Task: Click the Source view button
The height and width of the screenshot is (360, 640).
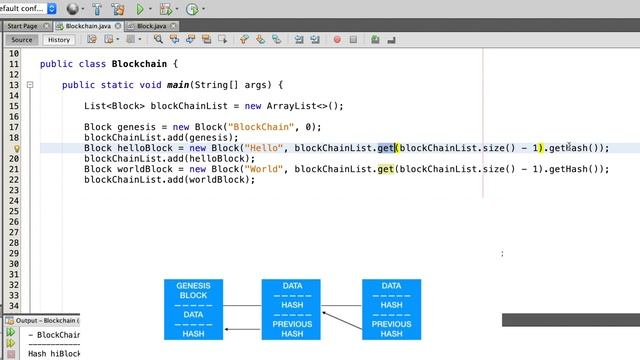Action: click(22, 40)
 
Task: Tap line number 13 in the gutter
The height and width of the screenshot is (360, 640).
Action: click(14, 85)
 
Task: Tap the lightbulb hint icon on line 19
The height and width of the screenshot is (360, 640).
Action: click(17, 148)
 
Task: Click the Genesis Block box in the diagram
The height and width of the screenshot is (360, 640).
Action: click(193, 309)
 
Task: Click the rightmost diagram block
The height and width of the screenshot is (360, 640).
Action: click(391, 309)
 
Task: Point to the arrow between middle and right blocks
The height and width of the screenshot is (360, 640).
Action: click(342, 320)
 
